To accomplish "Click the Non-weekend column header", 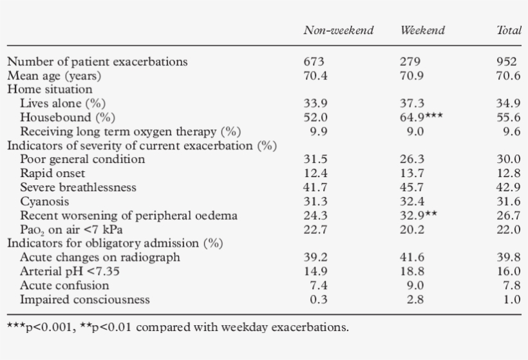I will (338, 31).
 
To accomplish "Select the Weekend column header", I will (422, 31).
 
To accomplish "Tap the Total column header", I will (508, 31).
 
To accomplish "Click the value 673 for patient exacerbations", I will (314, 62).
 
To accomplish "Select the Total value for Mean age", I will (508, 76).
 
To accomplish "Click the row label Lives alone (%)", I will (62, 103).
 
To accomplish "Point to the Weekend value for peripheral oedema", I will (419, 215).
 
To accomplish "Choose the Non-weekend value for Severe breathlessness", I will (315, 187).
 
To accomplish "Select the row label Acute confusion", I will (64, 285).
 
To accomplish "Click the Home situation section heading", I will (50, 90).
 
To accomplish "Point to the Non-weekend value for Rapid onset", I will (315, 173).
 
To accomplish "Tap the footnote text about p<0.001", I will (178, 327).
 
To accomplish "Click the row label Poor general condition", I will (82, 159).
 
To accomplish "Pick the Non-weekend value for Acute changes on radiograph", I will (315, 257).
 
